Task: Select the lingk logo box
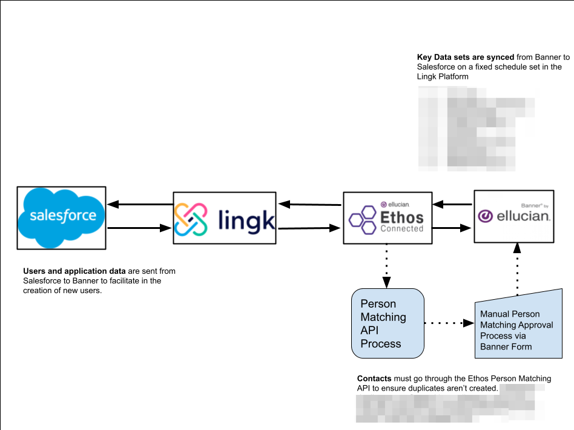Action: [x=225, y=218]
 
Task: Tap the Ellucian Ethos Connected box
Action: [x=388, y=218]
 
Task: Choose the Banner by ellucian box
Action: [x=513, y=216]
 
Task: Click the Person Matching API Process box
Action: [x=388, y=323]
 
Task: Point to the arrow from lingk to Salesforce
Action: [x=140, y=204]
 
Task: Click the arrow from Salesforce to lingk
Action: [x=140, y=228]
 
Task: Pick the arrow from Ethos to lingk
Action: [x=310, y=205]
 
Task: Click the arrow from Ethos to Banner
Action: [x=453, y=228]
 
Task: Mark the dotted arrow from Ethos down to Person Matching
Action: [x=386, y=266]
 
